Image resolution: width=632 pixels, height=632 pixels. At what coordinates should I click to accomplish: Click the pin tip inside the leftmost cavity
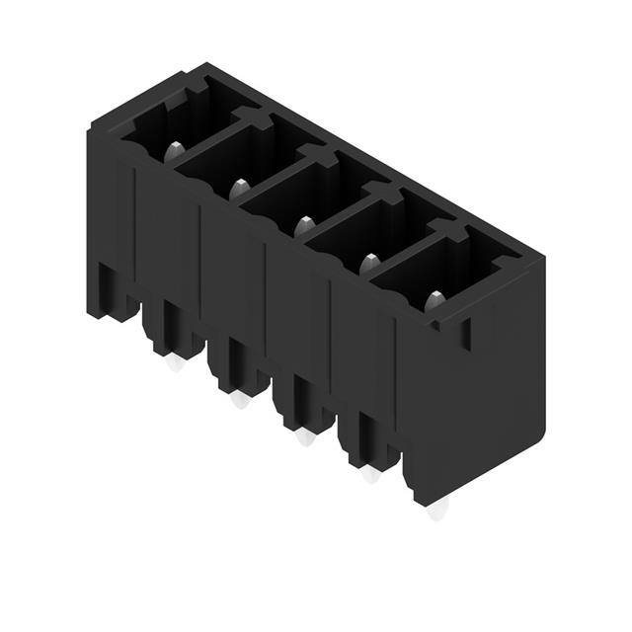[174, 151]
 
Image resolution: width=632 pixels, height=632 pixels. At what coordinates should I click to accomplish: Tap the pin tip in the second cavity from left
[239, 186]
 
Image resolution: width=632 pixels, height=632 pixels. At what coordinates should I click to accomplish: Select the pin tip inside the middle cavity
[304, 225]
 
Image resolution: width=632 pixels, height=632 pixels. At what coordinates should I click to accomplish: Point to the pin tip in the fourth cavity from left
[369, 263]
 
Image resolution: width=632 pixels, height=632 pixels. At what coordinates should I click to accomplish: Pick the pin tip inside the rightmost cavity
[434, 300]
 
